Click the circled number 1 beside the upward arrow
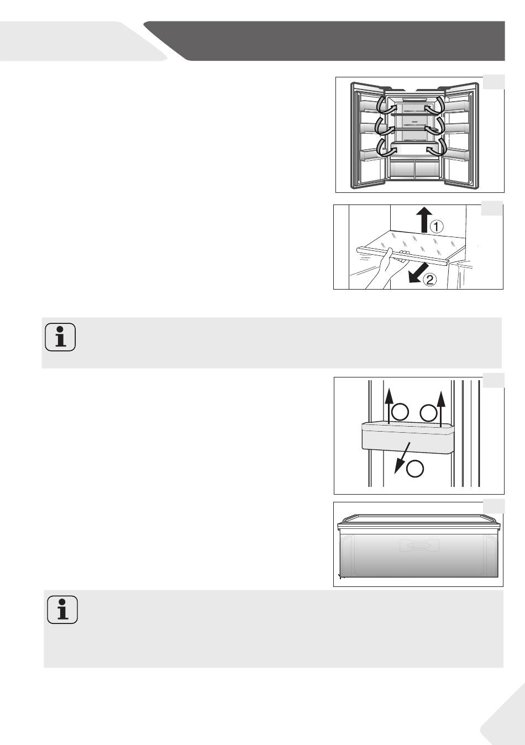pyautogui.click(x=437, y=226)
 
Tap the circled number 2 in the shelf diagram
pyautogui.click(x=430, y=280)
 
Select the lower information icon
pyautogui.click(x=62, y=610)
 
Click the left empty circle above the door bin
pyautogui.click(x=400, y=411)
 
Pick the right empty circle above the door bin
pyautogui.click(x=428, y=412)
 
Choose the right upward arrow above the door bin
pyautogui.click(x=440, y=407)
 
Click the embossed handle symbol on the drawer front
pyautogui.click(x=419, y=546)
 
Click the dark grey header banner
pyautogui.click(x=332, y=40)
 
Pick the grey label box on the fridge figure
pyautogui.click(x=493, y=82)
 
